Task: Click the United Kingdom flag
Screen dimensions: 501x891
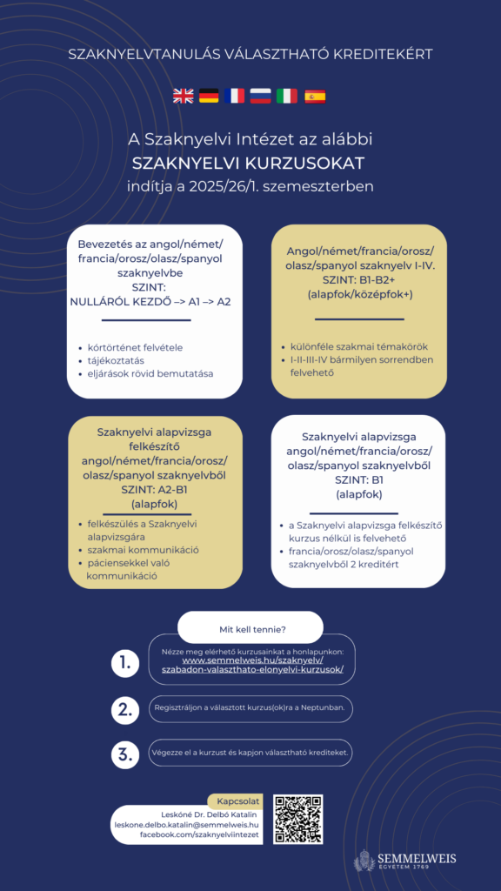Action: [184, 96]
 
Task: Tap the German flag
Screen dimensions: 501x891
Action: [209, 96]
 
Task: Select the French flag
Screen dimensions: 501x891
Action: [235, 96]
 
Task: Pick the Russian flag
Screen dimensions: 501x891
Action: [261, 96]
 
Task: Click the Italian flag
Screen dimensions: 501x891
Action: [287, 96]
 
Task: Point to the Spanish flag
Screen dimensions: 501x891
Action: [315, 96]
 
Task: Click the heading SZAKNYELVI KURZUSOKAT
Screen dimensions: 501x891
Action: [248, 164]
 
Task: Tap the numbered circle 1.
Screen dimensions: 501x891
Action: [125, 663]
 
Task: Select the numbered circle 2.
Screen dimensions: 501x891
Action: [125, 710]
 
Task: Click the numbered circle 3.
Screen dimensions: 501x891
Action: [125, 754]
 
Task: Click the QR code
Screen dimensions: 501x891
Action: [298, 819]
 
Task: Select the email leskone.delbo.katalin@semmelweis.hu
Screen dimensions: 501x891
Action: [187, 825]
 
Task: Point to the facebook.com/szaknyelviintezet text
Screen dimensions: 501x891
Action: [200, 834]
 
